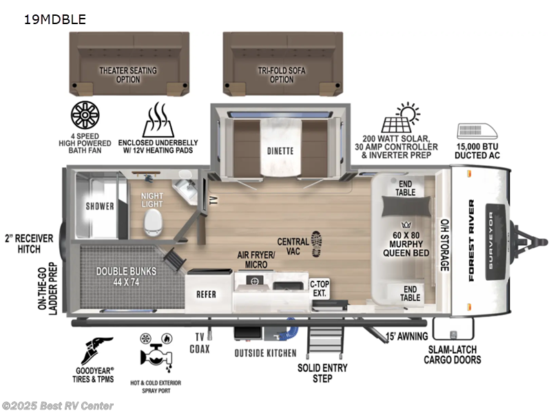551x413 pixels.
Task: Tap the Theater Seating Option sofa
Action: click(128, 66)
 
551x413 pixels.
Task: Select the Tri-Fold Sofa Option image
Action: click(282, 66)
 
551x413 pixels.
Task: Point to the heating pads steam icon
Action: click(158, 121)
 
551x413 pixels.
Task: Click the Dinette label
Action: click(281, 150)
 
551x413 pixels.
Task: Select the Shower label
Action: click(99, 205)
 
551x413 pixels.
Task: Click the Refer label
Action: click(206, 294)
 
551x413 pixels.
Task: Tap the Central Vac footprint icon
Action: click(317, 244)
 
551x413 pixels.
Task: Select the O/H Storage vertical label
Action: click(444, 244)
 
